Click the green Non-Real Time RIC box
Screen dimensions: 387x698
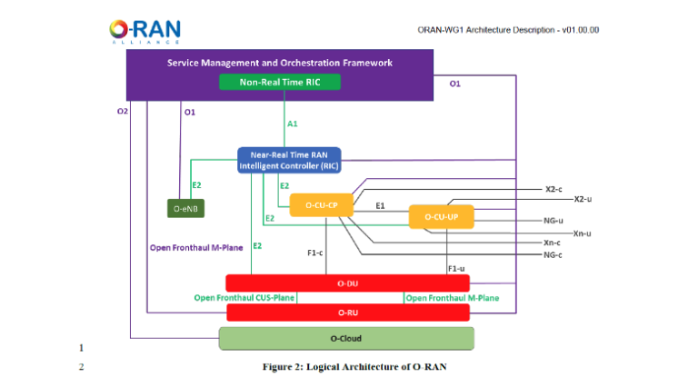pyautogui.click(x=280, y=83)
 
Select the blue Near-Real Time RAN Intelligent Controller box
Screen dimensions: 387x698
pyautogui.click(x=282, y=161)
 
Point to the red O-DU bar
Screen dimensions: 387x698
pyautogui.click(x=347, y=283)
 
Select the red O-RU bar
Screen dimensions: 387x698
pyautogui.click(x=347, y=313)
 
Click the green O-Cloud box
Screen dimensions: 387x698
pyautogui.click(x=347, y=339)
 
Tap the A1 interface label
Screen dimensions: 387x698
pyautogui.click(x=292, y=123)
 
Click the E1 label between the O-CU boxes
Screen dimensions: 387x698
pyautogui.click(x=381, y=206)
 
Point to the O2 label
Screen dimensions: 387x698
pyautogui.click(x=123, y=112)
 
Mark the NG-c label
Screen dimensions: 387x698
pyautogui.click(x=553, y=255)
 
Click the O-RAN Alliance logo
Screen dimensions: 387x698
pyautogui.click(x=143, y=32)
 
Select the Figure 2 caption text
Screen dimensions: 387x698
pyautogui.click(x=350, y=367)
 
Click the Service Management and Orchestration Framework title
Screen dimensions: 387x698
pyautogui.click(x=279, y=63)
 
